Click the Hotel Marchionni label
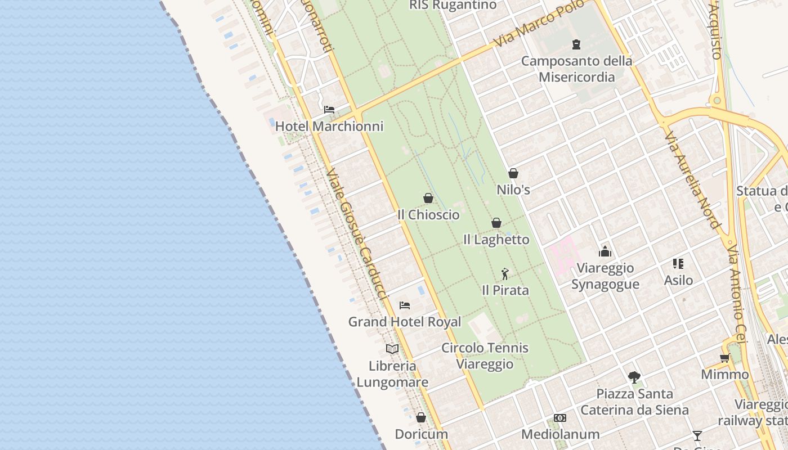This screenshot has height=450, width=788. [x=329, y=127]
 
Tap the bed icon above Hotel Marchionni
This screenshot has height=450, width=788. [x=329, y=109]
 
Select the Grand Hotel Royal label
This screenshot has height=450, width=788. [x=404, y=322]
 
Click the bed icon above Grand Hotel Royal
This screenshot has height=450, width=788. [x=404, y=305]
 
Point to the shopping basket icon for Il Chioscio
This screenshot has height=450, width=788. [x=428, y=198]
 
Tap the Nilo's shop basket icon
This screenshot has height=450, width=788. [x=513, y=173]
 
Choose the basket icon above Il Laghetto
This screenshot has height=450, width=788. [x=496, y=223]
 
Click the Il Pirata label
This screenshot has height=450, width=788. [x=505, y=290]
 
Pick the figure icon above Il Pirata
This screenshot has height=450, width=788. [x=505, y=274]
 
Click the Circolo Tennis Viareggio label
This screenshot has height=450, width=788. [x=485, y=355]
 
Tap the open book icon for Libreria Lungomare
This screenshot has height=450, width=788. [x=392, y=349]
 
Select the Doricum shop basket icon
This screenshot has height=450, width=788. [x=421, y=417]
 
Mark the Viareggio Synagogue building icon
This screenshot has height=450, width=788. [x=605, y=251]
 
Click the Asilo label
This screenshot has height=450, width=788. [x=678, y=280]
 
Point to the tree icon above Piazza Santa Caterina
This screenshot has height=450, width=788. [x=634, y=376]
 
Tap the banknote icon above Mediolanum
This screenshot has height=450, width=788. [x=560, y=417]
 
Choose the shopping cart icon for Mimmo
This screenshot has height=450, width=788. [x=725, y=358]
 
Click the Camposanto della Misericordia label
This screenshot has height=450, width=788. [x=576, y=69]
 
